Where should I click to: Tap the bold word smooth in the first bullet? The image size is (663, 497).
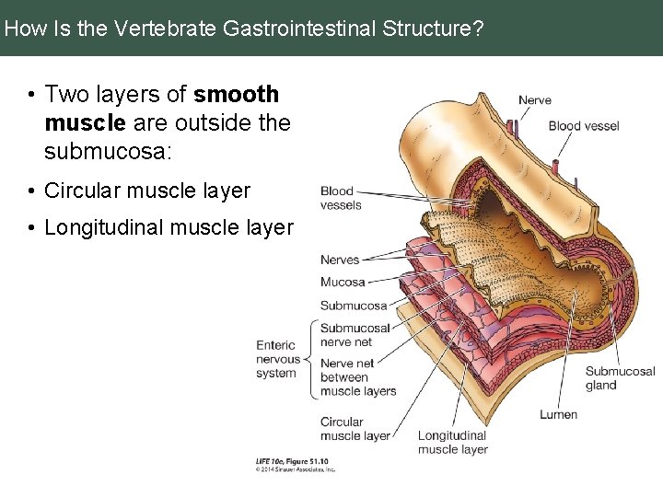click(237, 94)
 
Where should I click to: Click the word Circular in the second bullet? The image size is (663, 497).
click(83, 191)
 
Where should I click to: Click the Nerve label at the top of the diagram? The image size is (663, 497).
click(535, 100)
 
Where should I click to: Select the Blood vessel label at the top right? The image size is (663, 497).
click(584, 126)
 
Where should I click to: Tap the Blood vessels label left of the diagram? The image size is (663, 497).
click(341, 198)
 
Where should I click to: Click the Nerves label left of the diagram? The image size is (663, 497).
click(340, 260)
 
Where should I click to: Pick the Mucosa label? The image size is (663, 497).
click(343, 283)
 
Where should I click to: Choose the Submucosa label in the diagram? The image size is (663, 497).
click(354, 306)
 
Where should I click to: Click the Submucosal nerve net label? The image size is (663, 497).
click(355, 335)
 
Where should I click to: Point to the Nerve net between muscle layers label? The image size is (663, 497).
click(357, 377)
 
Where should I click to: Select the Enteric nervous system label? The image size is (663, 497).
click(276, 359)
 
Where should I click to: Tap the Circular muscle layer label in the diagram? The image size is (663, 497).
click(355, 429)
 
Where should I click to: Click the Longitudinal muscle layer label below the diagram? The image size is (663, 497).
click(452, 443)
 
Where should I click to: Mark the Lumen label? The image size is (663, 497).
click(559, 414)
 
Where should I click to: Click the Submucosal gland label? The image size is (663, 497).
click(621, 378)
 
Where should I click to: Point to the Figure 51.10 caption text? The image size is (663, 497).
click(292, 460)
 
